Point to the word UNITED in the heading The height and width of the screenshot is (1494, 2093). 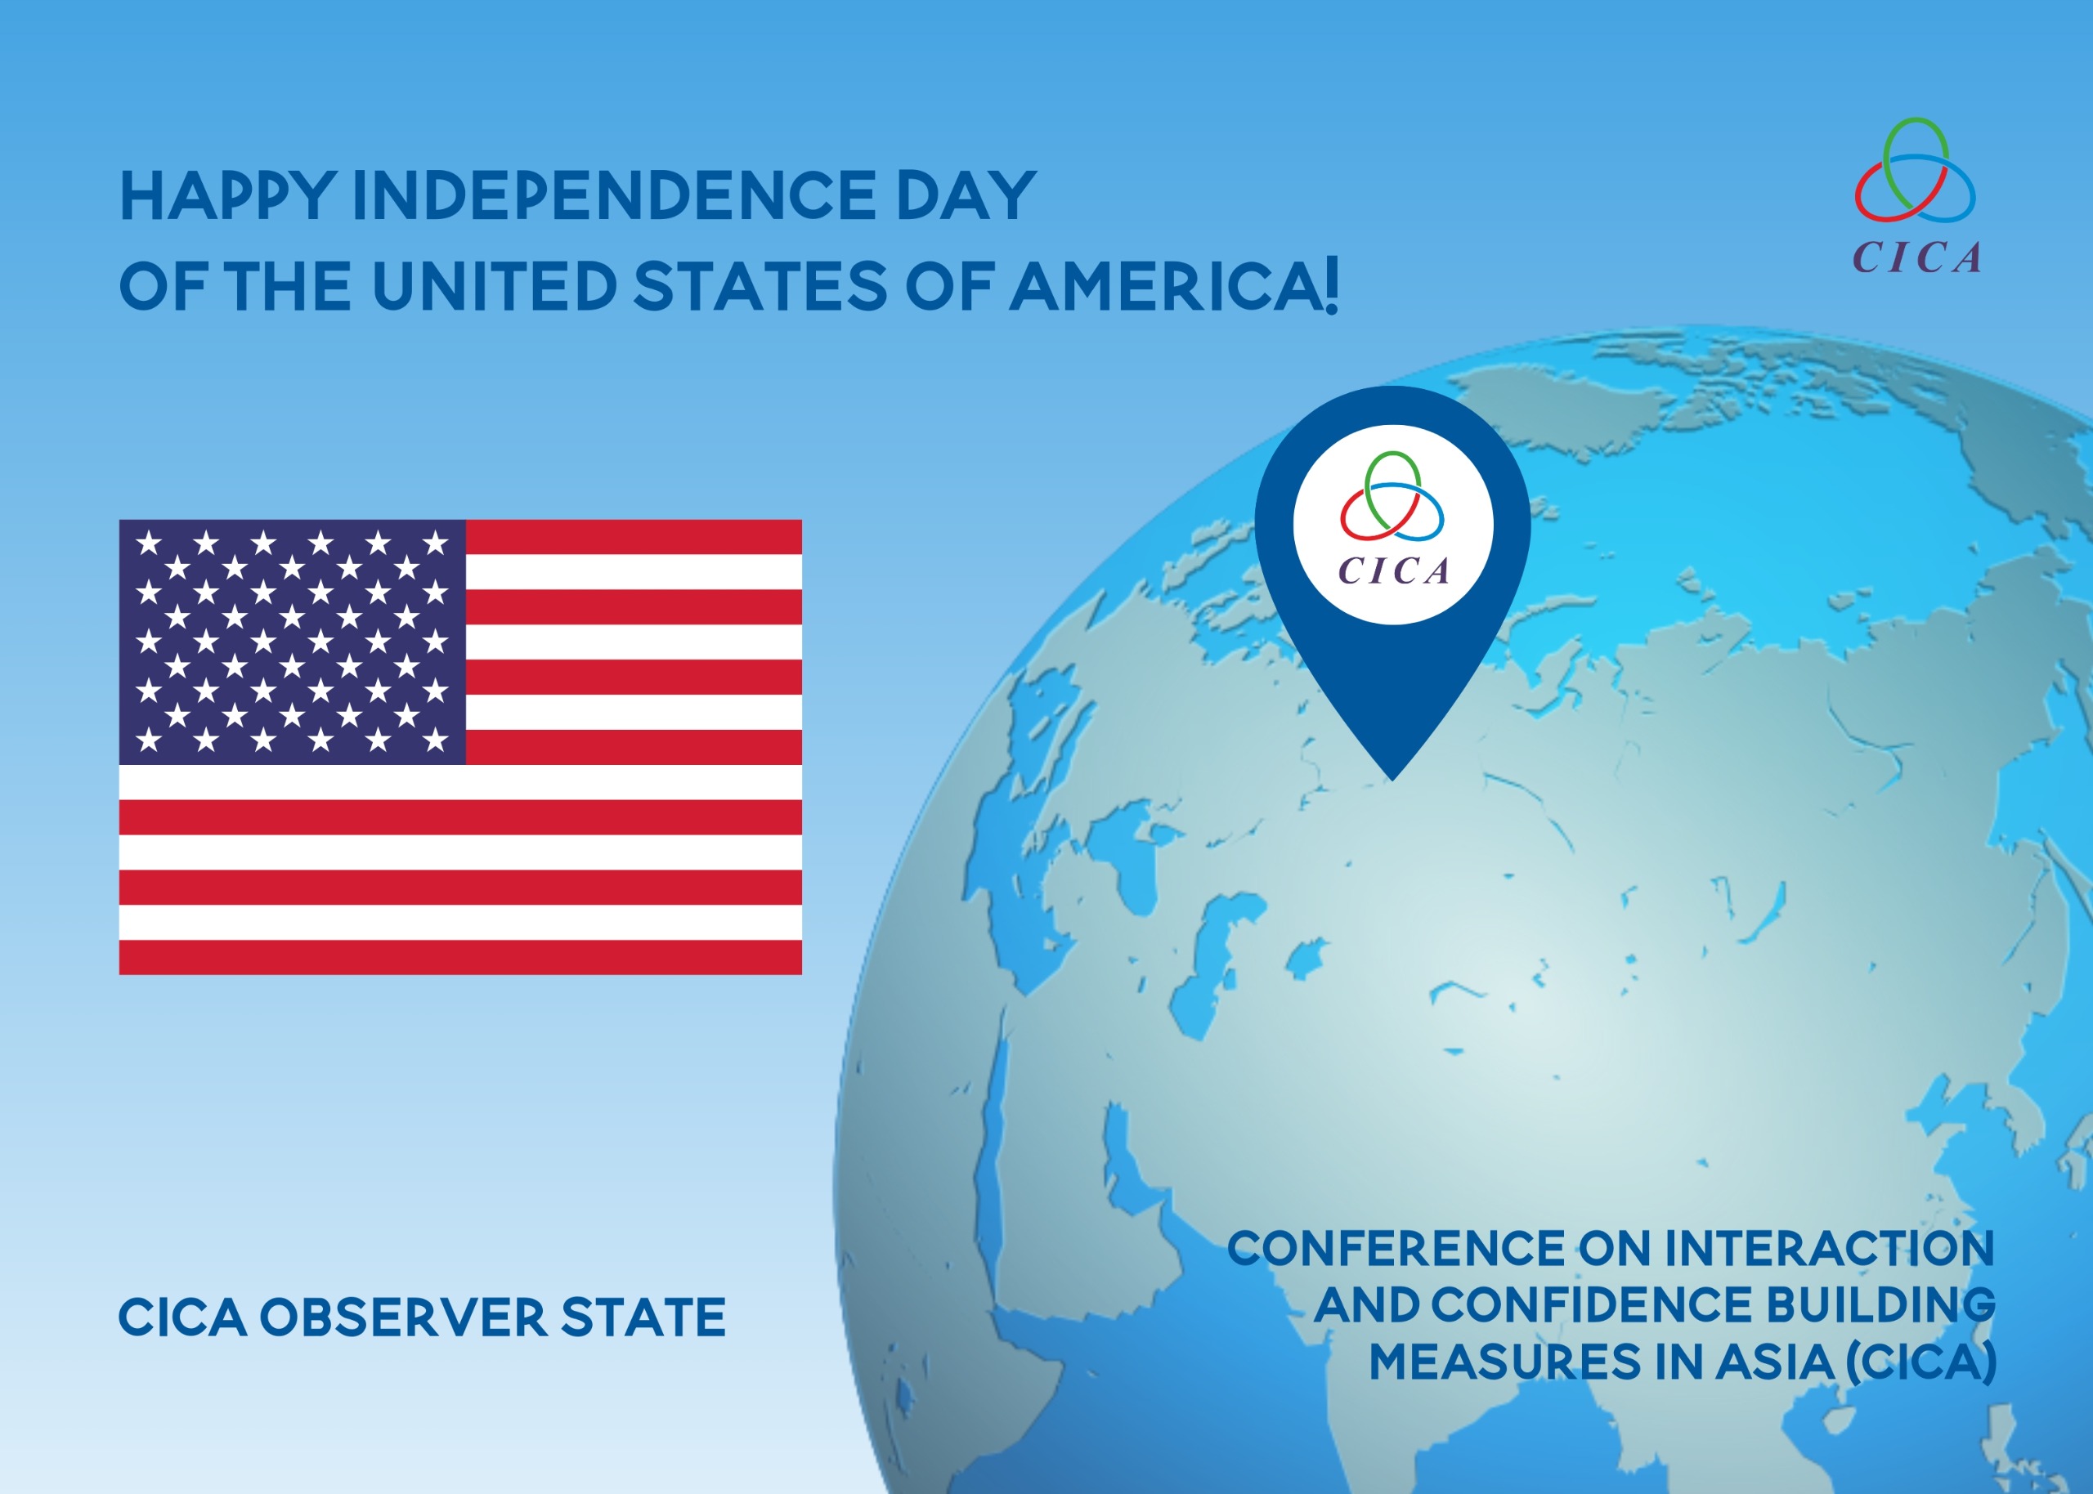pyautogui.click(x=494, y=285)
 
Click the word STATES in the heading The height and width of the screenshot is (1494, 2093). pyautogui.click(x=760, y=285)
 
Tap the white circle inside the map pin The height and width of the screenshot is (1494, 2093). pyautogui.click(x=1392, y=525)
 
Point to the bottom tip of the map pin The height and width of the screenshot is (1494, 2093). pyautogui.click(x=1393, y=781)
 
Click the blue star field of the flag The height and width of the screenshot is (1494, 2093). pyautogui.click(x=293, y=642)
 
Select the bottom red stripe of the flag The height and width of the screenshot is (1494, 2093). pyautogui.click(x=460, y=957)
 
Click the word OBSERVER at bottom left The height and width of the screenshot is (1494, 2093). pyautogui.click(x=403, y=1317)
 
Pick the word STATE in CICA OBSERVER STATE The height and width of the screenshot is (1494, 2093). pyautogui.click(x=643, y=1317)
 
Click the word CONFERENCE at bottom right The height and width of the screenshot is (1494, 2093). pyautogui.click(x=1396, y=1248)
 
